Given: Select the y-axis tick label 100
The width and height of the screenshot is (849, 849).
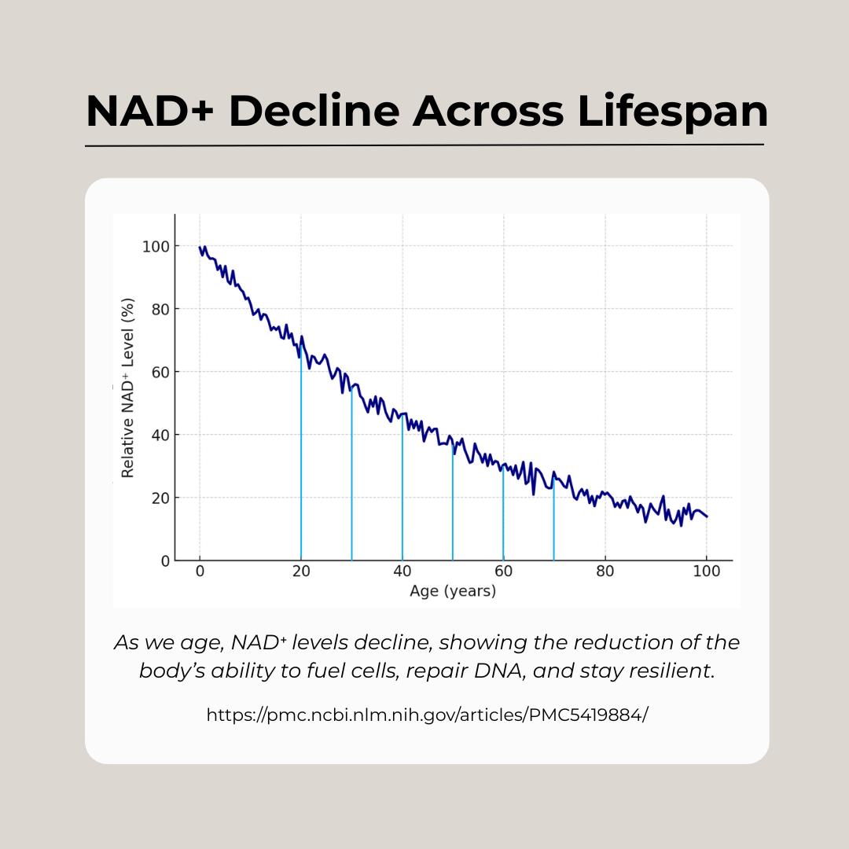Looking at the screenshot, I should point(156,246).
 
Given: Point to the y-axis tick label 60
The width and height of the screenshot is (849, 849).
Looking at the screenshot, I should point(160,372).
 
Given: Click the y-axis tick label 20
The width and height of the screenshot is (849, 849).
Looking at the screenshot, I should point(160,498).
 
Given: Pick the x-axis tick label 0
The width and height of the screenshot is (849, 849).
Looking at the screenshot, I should point(200,572).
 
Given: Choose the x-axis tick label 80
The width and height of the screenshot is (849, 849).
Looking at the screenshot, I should point(605,572).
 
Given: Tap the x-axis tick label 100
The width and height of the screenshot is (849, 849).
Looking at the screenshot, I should point(706,572).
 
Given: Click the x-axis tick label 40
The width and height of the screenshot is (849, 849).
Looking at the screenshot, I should point(402,572).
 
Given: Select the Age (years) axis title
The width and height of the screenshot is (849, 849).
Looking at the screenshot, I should point(453,591).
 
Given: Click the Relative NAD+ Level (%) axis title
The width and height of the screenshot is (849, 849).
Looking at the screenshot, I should point(127,388).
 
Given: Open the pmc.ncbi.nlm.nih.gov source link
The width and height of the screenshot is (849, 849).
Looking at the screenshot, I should point(427,715).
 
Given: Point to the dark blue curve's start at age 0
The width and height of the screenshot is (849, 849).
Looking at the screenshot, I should point(200,248).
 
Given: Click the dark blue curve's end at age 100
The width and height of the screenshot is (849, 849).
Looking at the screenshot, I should point(707,516).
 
